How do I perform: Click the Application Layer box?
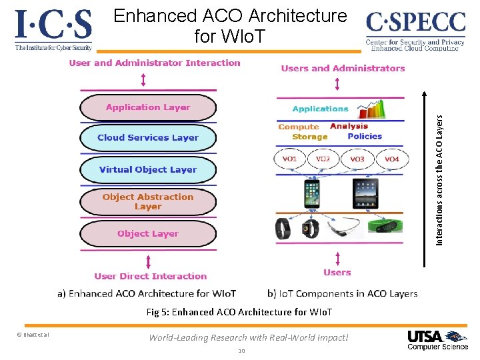(x=148, y=107)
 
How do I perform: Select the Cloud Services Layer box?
(x=148, y=138)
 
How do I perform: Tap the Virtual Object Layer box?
(x=148, y=169)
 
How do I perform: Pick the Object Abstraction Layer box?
(x=148, y=201)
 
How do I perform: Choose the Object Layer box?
(x=148, y=233)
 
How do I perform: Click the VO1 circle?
(x=289, y=159)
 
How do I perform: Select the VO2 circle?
(x=323, y=159)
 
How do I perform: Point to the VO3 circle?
(x=357, y=159)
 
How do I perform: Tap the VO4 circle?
(x=391, y=159)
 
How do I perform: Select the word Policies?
(x=365, y=137)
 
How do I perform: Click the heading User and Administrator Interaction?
(x=154, y=63)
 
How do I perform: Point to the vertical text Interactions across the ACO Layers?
(x=439, y=179)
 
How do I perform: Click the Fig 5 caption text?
(x=238, y=312)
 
